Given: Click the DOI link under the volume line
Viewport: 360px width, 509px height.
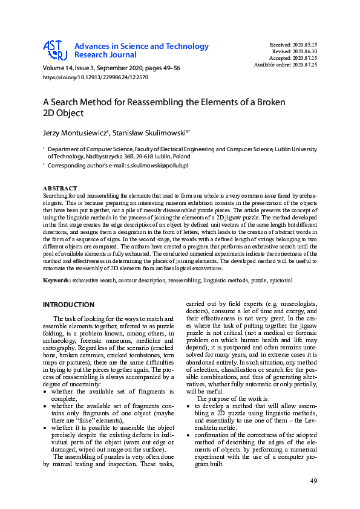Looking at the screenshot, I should coord(96,77).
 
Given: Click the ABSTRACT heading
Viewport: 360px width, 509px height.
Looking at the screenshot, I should coord(61,188).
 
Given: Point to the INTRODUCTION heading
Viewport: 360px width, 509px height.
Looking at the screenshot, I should coord(68,305).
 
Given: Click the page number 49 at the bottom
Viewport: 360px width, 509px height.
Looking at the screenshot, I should coord(313,481).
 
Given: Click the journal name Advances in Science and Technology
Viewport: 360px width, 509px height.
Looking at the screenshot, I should coord(141,46).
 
